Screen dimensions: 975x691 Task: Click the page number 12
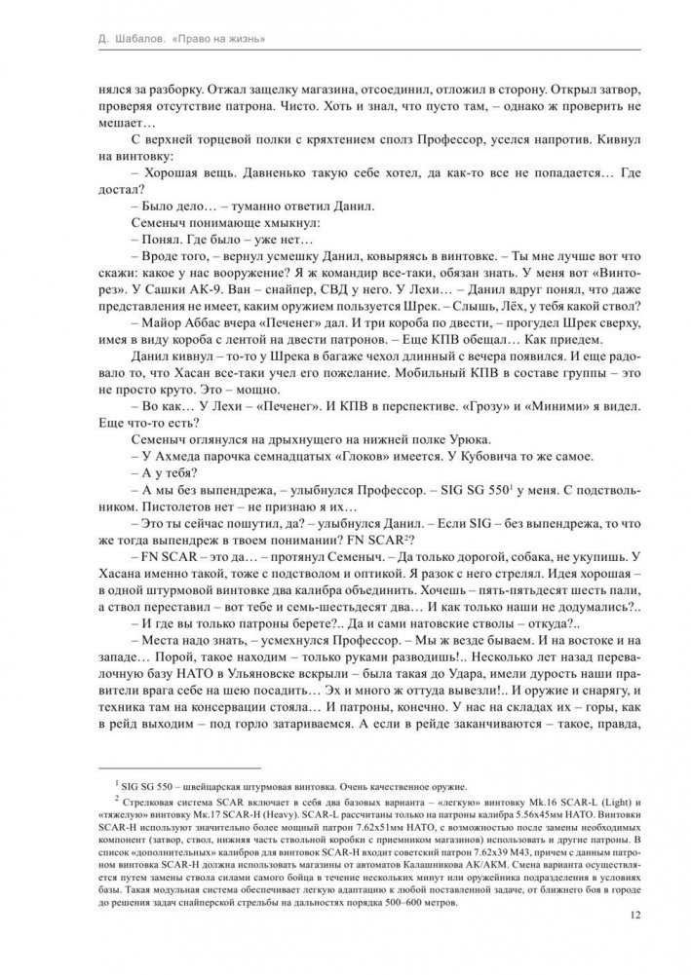[x=634, y=915]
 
